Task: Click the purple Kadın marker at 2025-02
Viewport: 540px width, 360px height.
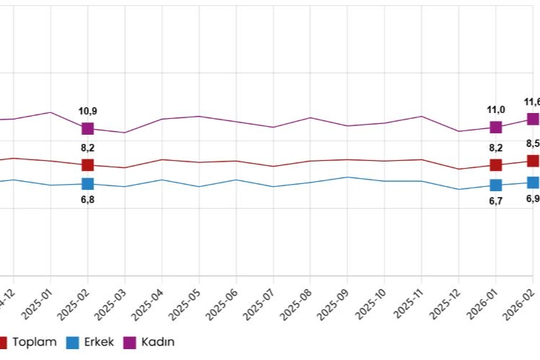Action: [88, 128]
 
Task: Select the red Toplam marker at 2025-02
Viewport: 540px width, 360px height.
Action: [88, 165]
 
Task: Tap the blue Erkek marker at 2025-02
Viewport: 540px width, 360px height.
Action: [88, 184]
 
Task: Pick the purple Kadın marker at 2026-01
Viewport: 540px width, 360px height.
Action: [496, 127]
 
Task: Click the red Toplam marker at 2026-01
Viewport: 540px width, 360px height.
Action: [496, 165]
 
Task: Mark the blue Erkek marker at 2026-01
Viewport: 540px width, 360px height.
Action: [496, 185]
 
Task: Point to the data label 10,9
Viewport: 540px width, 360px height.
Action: [88, 111]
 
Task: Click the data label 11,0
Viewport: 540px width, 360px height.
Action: [496, 109]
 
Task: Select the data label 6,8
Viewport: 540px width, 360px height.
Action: [88, 200]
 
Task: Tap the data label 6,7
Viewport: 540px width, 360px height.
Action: [496, 201]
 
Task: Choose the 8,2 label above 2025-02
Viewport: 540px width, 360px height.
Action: [88, 148]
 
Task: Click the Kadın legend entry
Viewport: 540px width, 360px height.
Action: [150, 342]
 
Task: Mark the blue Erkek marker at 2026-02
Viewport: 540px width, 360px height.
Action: [533, 183]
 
